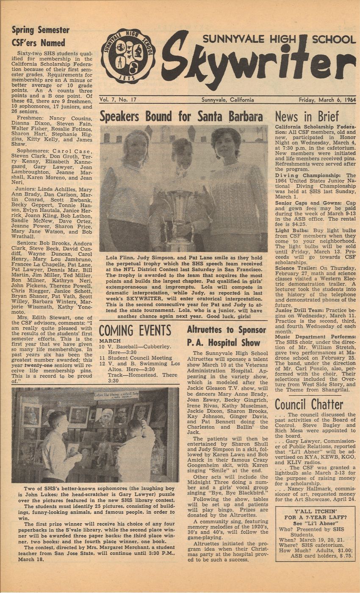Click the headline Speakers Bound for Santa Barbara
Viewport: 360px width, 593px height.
(181, 116)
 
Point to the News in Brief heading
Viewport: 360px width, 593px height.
(307, 116)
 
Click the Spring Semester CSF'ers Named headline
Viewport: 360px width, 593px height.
(40, 36)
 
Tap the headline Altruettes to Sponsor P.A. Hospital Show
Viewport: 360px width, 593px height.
(227, 335)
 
